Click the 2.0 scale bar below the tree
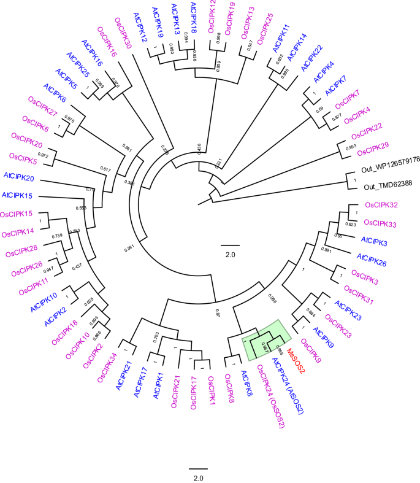coord(198,469)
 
